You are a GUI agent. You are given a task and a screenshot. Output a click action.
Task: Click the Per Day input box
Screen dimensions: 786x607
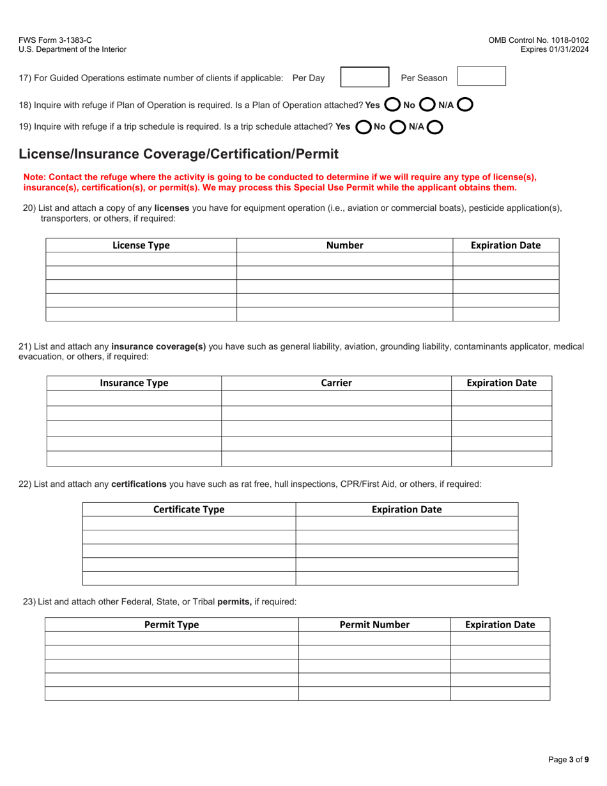pos(365,77)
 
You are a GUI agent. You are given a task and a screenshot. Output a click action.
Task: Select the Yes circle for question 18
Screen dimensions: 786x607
pos(393,104)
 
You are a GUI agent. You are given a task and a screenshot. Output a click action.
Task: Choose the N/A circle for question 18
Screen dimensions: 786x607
pos(465,104)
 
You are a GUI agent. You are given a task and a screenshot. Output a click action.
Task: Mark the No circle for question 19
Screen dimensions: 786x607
pos(397,127)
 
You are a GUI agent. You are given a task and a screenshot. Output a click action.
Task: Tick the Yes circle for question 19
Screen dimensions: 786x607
pos(363,127)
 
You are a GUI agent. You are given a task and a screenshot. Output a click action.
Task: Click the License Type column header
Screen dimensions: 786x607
pos(141,245)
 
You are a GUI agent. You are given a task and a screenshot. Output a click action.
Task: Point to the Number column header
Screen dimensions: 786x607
pos(344,245)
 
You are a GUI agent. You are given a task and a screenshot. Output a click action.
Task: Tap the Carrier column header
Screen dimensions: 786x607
pos(336,383)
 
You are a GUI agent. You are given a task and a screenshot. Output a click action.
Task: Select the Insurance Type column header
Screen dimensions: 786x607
pos(134,383)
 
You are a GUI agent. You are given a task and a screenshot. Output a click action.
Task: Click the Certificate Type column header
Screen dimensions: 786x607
pos(189,509)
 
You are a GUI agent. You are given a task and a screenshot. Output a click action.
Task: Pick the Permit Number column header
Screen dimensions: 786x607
pos(374,625)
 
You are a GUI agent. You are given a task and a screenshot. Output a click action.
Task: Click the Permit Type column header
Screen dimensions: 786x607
pos(171,625)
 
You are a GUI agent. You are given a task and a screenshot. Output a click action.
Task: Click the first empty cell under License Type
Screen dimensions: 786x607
pos(141,259)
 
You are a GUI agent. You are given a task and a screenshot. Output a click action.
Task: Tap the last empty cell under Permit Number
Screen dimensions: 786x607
pos(374,694)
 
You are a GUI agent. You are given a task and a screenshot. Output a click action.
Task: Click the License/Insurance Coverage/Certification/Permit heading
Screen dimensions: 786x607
pos(179,153)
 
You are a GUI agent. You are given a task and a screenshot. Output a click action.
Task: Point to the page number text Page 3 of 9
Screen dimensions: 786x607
pos(569,760)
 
